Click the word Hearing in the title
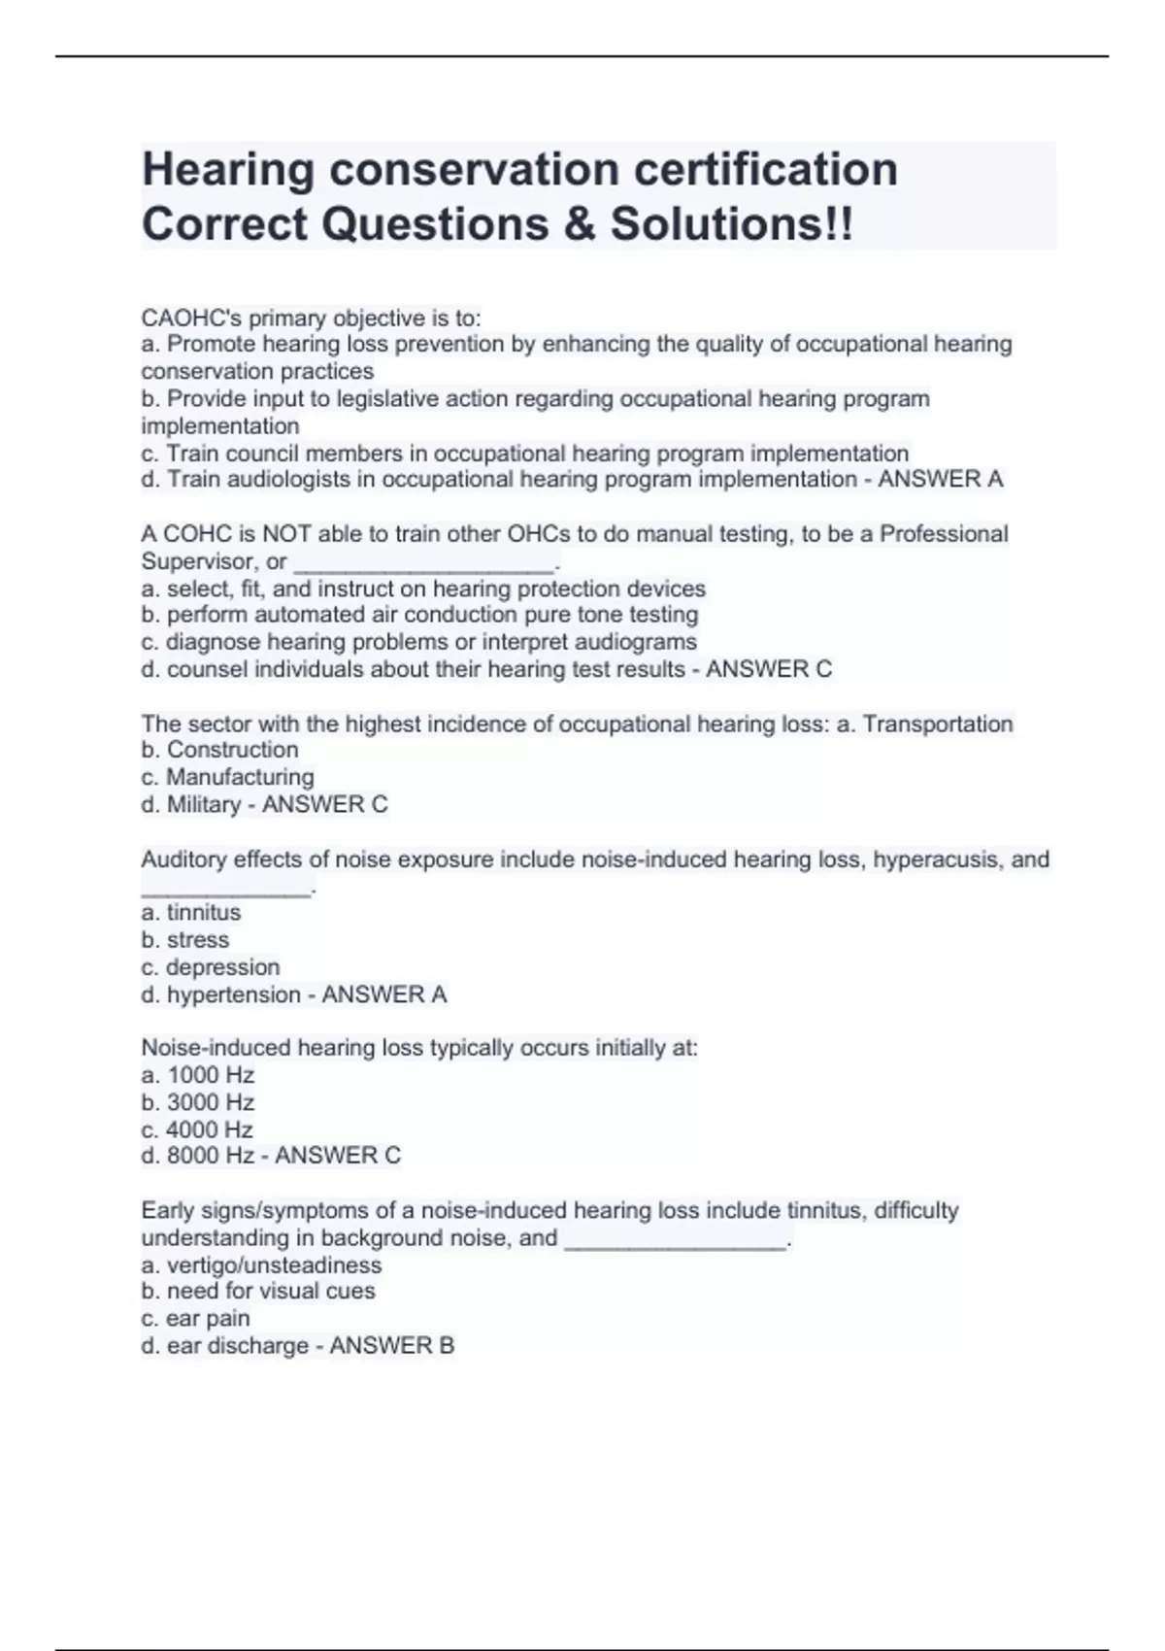(x=227, y=170)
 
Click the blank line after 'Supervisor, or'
(x=424, y=563)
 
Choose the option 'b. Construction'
(x=219, y=750)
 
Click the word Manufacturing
(x=240, y=777)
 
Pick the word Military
(x=203, y=804)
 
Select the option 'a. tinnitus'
(x=191, y=913)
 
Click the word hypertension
(x=233, y=994)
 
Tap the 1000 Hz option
(x=198, y=1075)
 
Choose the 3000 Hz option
(x=198, y=1102)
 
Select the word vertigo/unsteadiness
(x=274, y=1265)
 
